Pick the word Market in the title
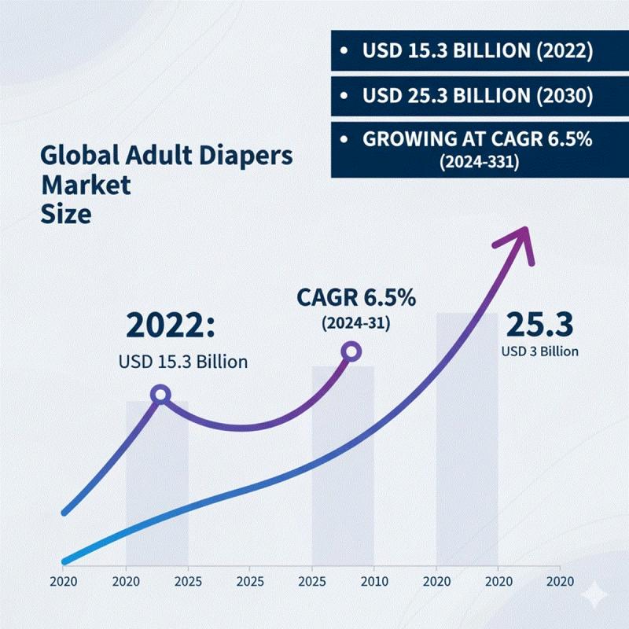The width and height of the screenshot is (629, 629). [86, 186]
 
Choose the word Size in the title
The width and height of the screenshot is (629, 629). [65, 215]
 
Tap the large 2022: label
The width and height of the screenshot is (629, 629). [175, 326]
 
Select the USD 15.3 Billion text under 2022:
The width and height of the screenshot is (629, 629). [182, 362]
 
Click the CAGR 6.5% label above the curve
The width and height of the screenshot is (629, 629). [356, 299]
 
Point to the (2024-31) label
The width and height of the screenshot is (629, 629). [356, 322]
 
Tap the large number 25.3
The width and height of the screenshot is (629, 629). [539, 324]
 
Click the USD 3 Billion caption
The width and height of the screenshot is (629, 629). [539, 351]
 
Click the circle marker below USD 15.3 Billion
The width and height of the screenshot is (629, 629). [160, 394]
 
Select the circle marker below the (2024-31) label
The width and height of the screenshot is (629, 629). [351, 351]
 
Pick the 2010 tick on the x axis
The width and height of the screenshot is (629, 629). [373, 582]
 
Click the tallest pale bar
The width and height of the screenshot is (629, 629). [467, 440]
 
